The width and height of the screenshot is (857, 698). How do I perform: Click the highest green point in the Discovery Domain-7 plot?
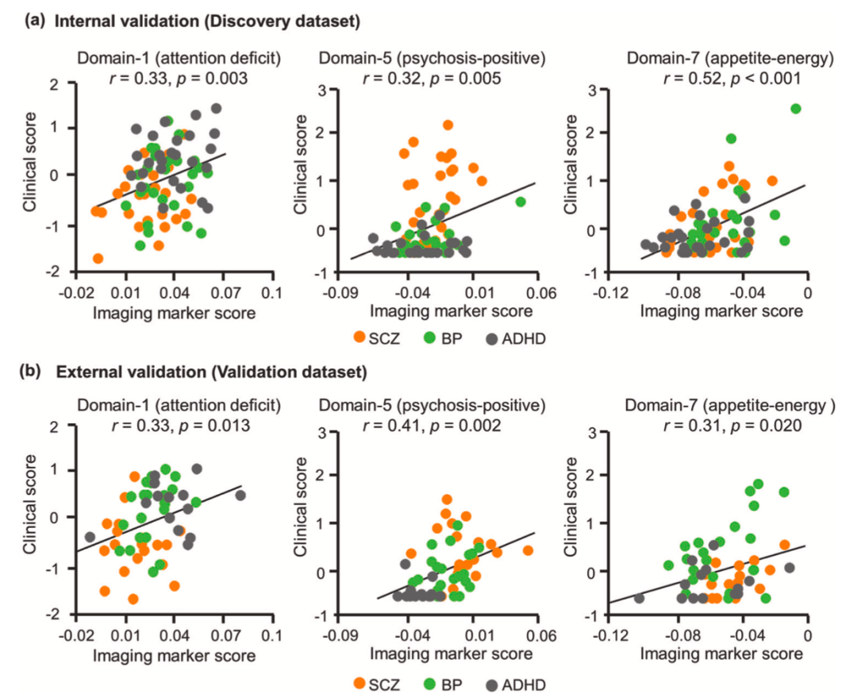point(796,109)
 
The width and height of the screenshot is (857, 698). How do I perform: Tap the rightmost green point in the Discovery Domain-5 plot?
point(521,202)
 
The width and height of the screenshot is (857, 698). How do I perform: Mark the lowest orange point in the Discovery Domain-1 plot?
point(98,258)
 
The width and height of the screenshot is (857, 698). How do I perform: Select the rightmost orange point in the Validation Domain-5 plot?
point(528,550)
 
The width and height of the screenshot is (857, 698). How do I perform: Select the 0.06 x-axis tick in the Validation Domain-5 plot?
point(540,634)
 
